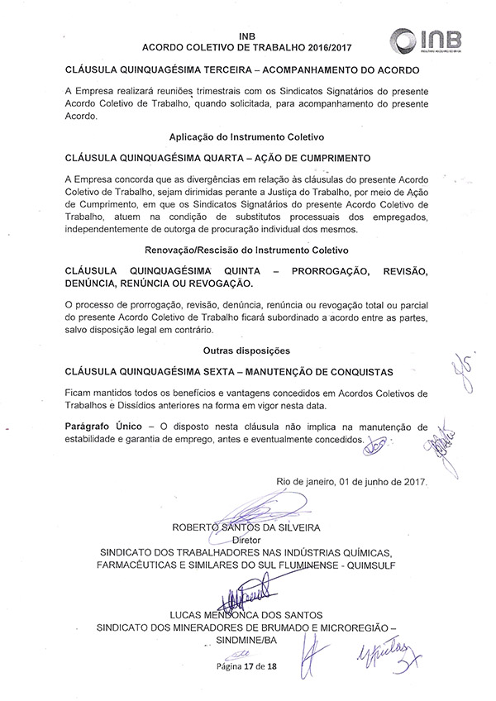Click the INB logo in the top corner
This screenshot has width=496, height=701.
(427, 41)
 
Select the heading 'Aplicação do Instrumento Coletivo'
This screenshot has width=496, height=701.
(246, 135)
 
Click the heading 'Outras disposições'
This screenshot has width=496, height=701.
(246, 350)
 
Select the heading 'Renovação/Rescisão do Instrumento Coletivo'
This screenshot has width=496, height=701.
(246, 250)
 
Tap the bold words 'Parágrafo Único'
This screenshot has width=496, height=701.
(103, 426)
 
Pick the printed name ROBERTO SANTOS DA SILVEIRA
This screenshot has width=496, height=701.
(246, 525)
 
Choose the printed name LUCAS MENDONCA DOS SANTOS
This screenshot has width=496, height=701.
(246, 615)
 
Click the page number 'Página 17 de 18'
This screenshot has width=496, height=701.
(246, 666)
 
